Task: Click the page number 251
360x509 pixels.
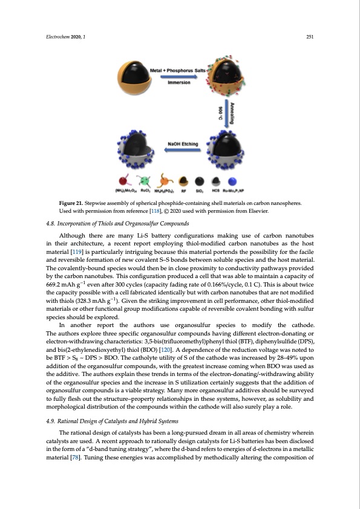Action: pos(309,37)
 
